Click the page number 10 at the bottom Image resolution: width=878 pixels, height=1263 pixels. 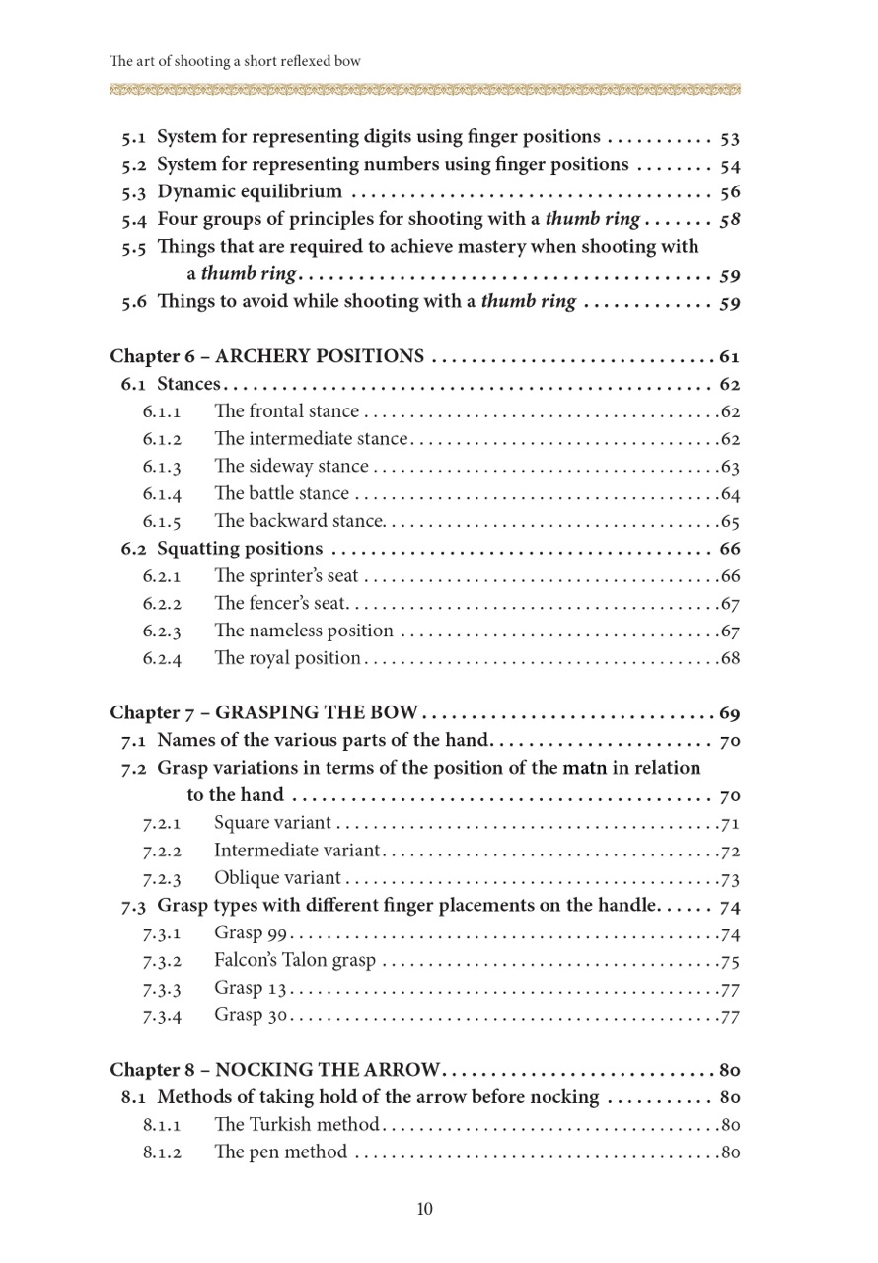[x=425, y=1209]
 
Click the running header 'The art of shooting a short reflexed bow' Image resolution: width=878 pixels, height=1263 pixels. [x=236, y=61]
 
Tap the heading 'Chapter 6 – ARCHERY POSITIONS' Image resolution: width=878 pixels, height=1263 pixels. [x=267, y=356]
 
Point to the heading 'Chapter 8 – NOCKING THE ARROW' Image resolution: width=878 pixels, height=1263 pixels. [x=275, y=1070]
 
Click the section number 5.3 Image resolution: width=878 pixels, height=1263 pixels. [x=134, y=191]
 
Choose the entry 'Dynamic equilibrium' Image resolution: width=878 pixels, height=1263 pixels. [x=250, y=191]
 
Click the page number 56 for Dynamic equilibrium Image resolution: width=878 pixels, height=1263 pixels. [x=730, y=192]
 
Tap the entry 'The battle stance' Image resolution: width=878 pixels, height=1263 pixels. [x=281, y=493]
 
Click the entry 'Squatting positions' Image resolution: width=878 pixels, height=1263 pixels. [x=240, y=549]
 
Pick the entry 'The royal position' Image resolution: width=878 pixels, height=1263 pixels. [x=287, y=658]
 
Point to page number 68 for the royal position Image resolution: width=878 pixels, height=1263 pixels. [x=730, y=658]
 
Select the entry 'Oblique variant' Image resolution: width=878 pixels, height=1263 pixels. [x=277, y=878]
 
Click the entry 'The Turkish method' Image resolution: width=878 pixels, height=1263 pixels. [x=296, y=1125]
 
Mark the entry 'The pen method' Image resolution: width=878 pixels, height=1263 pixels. [x=280, y=1152]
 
